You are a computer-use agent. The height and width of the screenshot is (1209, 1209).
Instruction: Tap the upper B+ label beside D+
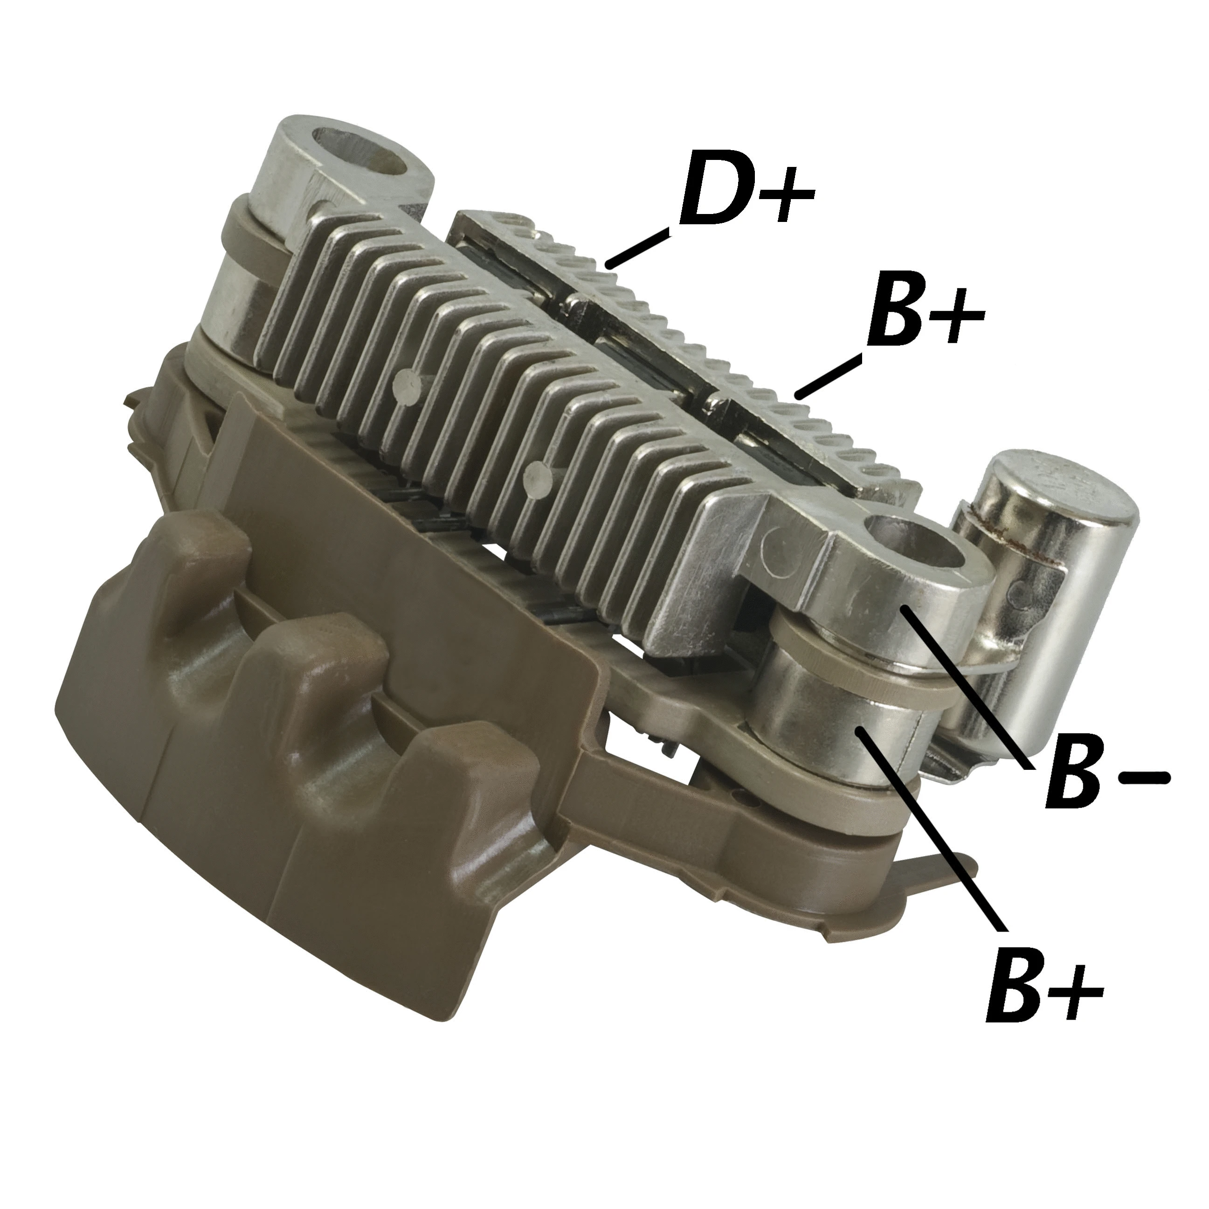click(923, 316)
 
